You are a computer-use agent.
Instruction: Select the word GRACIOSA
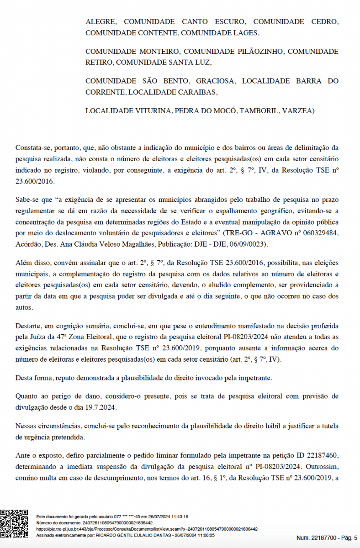coord(216,81)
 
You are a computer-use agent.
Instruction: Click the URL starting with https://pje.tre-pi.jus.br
coord(147,529)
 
